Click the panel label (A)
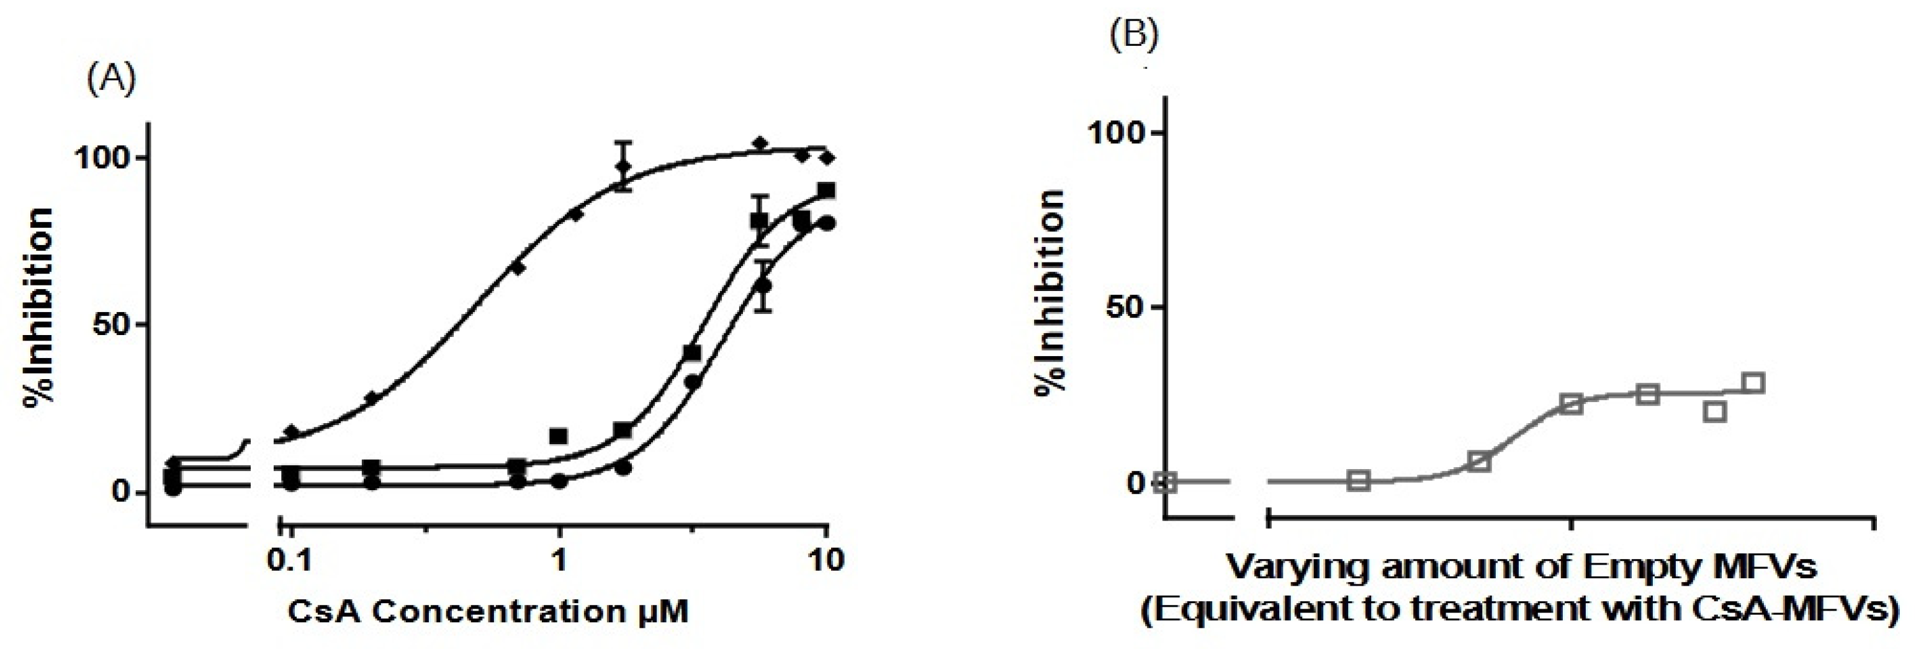tap(112, 79)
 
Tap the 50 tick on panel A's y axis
tap(112, 325)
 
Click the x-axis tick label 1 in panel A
tap(559, 560)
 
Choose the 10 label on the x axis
tap(825, 560)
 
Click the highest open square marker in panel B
tap(1754, 383)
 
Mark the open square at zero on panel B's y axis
tap(1166, 481)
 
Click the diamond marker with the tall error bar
tap(623, 166)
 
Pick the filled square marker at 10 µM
tap(825, 191)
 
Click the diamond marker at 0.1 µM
tap(292, 431)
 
